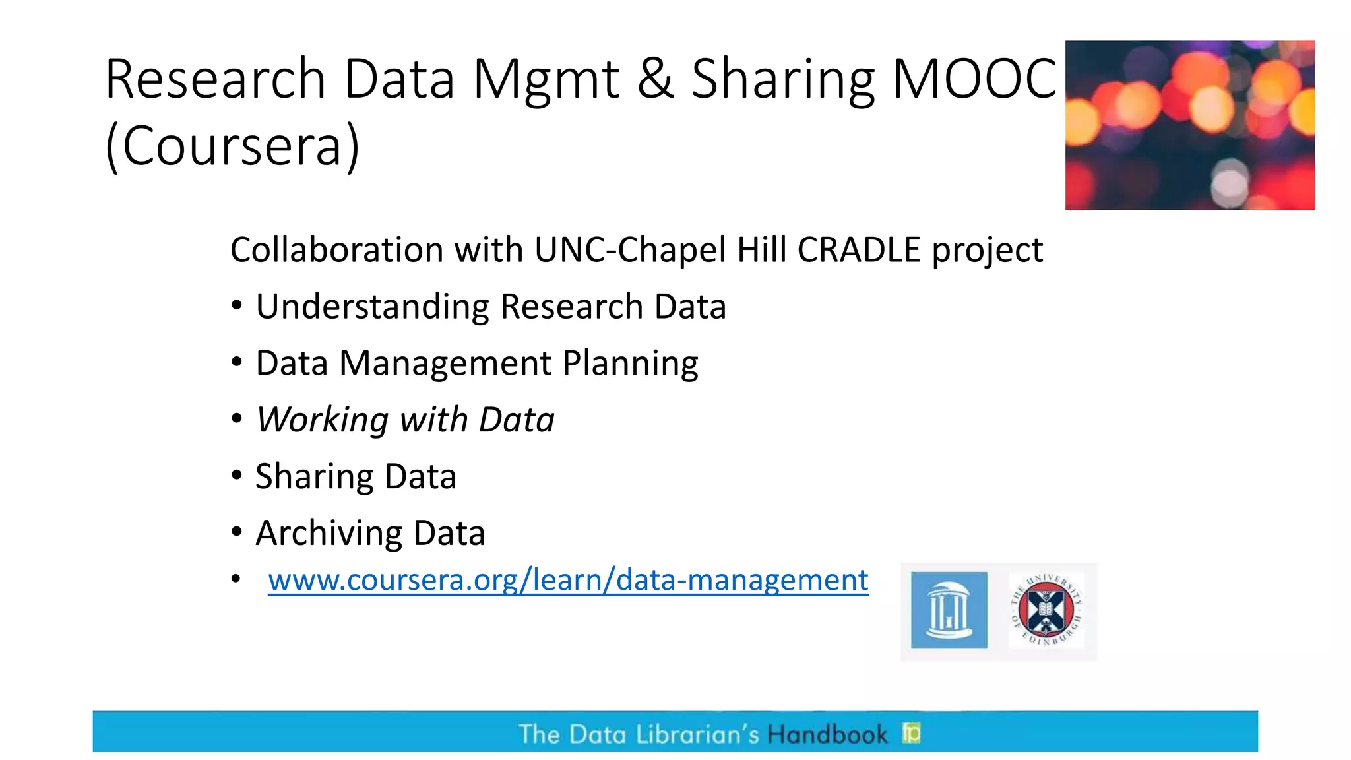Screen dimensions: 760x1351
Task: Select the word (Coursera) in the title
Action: click(232, 146)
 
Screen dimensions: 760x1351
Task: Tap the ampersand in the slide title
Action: click(655, 79)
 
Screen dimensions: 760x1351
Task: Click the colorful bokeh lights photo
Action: click(1189, 125)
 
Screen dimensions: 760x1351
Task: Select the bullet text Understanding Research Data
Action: click(491, 307)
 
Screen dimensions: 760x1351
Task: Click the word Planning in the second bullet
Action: click(630, 364)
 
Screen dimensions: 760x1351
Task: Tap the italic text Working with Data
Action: click(405, 420)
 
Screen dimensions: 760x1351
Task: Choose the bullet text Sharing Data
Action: click(356, 476)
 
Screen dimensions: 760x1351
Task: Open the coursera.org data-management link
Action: click(568, 580)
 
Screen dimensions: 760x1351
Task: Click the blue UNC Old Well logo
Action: click(949, 610)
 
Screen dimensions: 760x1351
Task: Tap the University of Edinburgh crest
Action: click(1046, 610)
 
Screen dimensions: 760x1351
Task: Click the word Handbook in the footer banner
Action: click(827, 734)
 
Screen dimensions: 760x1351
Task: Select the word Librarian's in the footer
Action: click(697, 734)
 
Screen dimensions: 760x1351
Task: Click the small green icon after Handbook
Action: click(912, 732)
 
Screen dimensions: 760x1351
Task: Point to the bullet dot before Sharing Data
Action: click(237, 475)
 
